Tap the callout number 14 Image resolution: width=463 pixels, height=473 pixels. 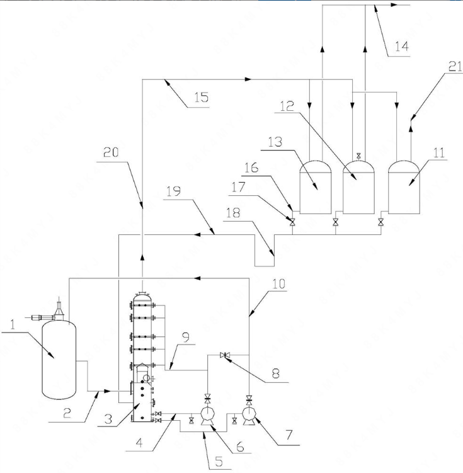401,45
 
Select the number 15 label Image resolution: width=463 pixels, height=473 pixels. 200,98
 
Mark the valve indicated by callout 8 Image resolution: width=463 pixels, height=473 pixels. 225,356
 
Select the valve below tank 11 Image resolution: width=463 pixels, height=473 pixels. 380,222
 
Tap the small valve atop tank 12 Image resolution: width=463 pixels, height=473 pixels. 358,155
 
